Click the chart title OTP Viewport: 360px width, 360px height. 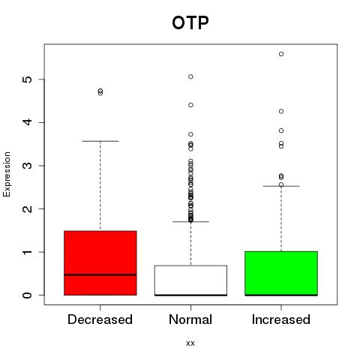coord(190,22)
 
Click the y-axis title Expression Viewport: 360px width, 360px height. coord(7,174)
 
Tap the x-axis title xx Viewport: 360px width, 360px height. coord(190,343)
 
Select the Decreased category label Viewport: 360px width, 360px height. coord(100,319)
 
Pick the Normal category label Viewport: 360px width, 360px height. coord(190,319)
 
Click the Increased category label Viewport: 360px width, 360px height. coord(281,319)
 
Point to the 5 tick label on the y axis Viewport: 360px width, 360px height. coord(28,79)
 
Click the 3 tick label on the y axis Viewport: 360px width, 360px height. coord(28,166)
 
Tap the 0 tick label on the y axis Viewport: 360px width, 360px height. coord(28,295)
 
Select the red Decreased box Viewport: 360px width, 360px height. coord(100,263)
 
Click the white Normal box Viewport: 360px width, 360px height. coord(190,280)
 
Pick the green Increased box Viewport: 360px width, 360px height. coord(281,273)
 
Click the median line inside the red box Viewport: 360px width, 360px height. coord(100,274)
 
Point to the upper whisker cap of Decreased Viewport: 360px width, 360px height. coord(100,141)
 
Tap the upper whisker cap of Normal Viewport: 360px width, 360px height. coord(190,221)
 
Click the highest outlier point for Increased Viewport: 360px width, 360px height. coord(281,54)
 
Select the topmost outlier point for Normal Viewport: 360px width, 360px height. coord(190,76)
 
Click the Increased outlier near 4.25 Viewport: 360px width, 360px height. coord(281,111)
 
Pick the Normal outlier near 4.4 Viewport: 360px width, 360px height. coord(190,105)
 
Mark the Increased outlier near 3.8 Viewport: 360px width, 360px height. coord(281,130)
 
